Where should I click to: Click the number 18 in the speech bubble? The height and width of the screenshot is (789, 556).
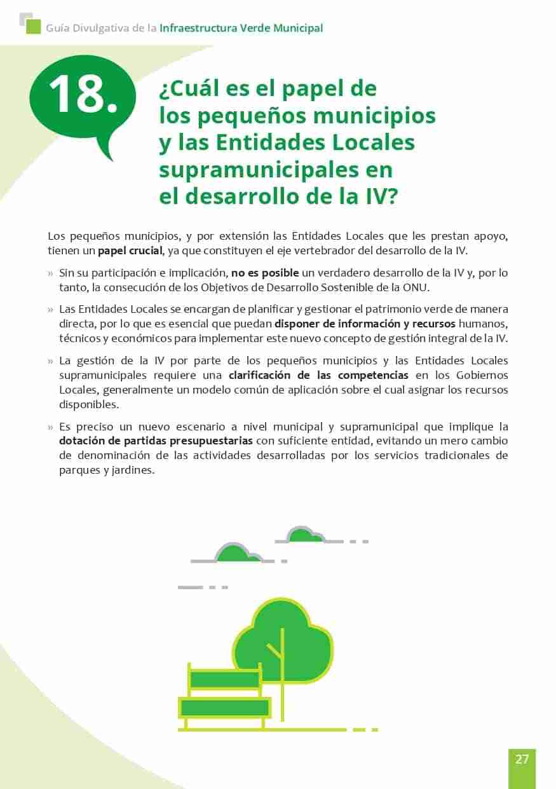coord(82,95)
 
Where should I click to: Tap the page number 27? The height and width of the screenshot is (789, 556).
coord(522,759)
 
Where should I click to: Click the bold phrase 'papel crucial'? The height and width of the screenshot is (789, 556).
coord(130,250)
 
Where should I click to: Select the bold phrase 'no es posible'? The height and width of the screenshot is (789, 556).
coord(264,273)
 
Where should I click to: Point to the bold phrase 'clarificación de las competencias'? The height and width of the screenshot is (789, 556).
coord(318,375)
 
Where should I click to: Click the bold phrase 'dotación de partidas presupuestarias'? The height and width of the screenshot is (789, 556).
coord(156,441)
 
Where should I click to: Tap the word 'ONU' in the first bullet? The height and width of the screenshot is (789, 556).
coord(416,287)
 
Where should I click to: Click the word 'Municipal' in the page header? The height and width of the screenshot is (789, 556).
coord(297,28)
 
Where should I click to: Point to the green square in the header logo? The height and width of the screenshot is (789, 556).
coord(33,27)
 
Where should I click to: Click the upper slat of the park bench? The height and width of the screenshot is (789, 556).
coord(224,680)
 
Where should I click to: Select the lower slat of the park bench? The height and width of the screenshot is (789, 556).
coord(224,708)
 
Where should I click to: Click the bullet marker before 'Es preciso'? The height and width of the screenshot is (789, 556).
coord(51,427)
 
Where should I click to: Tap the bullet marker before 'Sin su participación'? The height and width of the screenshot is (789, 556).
coord(51,273)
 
